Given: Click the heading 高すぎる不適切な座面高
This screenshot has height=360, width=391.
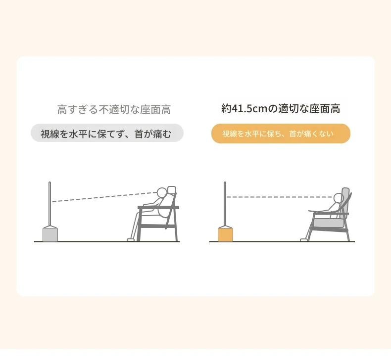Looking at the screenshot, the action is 114,110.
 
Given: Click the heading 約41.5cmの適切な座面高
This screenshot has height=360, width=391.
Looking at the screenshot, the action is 281,109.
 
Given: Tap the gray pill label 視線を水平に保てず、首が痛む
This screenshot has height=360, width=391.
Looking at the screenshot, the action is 107,133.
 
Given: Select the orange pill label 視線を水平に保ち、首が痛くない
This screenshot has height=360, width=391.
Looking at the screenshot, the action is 281,134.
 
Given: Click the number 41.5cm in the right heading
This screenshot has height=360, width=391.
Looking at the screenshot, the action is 249,109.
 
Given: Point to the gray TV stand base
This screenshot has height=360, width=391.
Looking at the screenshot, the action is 50,234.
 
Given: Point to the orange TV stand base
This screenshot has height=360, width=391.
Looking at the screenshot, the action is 225,234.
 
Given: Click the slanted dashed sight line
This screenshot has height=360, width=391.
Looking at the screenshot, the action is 104,197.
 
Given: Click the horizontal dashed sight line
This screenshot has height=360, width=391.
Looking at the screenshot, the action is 280,197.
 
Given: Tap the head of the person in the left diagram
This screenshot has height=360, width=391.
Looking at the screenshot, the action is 162,192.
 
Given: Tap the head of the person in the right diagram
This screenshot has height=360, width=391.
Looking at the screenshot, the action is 339,198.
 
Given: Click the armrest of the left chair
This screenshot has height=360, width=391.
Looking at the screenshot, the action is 158,207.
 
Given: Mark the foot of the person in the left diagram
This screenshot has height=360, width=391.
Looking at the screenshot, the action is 131,240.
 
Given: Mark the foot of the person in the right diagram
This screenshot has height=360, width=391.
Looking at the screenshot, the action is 304,240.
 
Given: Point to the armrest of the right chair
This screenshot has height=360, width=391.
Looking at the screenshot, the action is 331,214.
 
